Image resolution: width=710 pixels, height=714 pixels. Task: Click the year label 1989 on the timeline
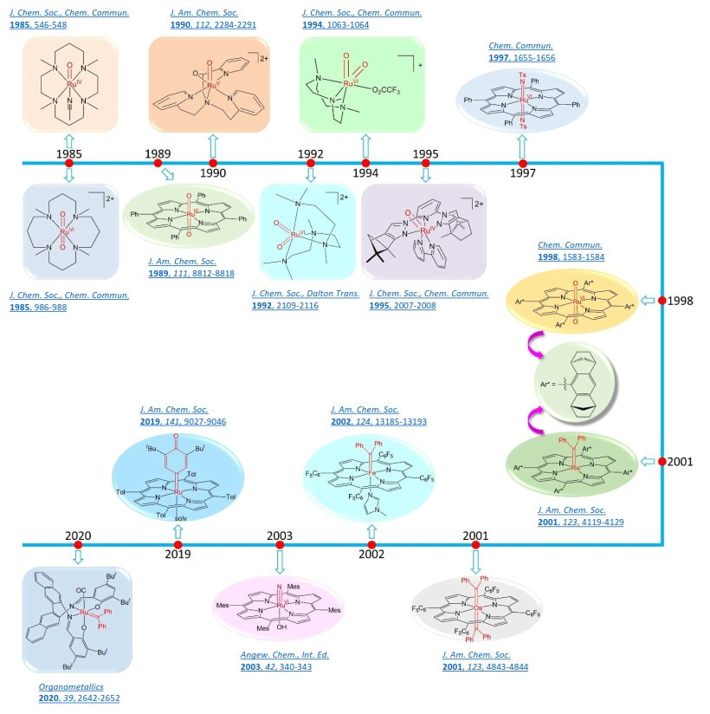point(158,153)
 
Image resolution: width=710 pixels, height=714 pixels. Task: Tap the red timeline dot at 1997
point(523,162)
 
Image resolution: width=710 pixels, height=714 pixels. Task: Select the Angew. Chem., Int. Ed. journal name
point(285,655)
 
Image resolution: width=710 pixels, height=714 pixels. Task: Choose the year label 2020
point(78,535)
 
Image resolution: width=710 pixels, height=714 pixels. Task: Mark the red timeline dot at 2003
point(279,545)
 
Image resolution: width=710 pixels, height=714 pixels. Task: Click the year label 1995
point(425,153)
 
